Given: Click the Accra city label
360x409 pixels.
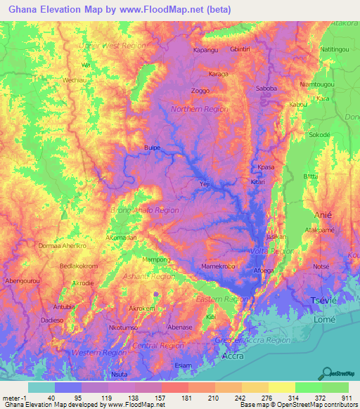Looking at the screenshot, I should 233,356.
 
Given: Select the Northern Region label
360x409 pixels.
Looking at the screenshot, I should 200,109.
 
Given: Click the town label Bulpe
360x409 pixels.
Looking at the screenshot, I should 152,148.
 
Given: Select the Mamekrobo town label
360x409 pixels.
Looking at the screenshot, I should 218,267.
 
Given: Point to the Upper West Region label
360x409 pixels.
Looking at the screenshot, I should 113,45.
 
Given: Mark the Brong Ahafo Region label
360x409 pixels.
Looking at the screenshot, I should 145,210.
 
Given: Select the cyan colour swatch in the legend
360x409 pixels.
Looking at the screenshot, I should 41,387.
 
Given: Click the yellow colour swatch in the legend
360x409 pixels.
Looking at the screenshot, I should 281,387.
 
